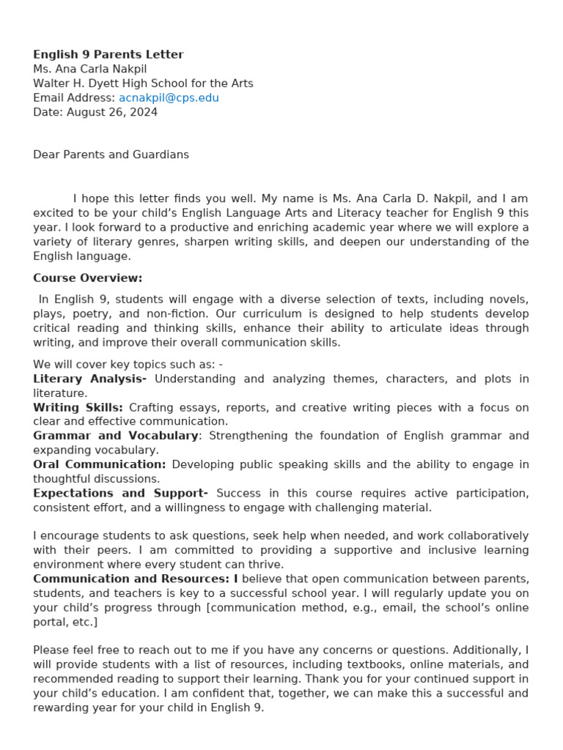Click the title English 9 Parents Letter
[x=108, y=54]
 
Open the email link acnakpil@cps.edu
[x=169, y=97]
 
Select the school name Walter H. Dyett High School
[x=143, y=83]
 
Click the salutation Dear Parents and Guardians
[x=111, y=155]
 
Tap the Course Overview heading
[x=87, y=278]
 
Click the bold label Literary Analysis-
[x=89, y=379]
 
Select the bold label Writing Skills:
[x=78, y=407]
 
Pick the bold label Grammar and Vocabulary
[x=115, y=435]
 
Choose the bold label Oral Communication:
[x=99, y=464]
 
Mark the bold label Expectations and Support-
[x=120, y=493]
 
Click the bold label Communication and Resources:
[x=131, y=579]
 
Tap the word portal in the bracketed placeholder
[x=48, y=622]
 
